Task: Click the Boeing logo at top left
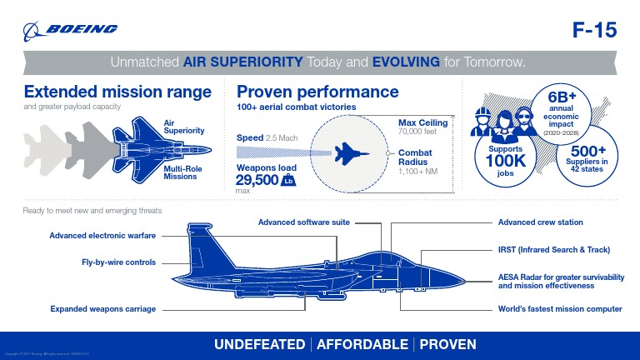point(71,30)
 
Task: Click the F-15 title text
point(594,31)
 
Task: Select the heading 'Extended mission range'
point(117,92)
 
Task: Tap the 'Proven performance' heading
point(318,92)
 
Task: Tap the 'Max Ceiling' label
point(422,123)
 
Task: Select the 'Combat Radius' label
point(415,157)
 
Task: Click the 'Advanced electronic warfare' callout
point(102,235)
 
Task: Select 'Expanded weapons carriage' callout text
point(102,309)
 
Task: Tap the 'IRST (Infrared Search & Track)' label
point(553,250)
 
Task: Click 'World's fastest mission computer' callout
point(560,309)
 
